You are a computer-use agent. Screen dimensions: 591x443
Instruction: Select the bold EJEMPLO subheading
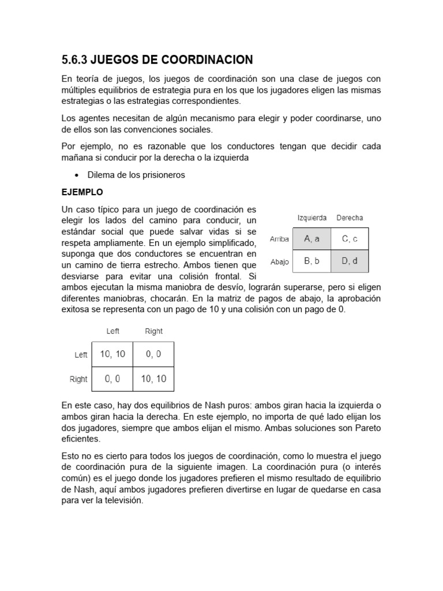(x=82, y=192)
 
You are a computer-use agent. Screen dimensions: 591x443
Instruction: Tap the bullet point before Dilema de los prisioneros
(x=77, y=175)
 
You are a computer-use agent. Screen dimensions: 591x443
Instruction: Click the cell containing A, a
(x=311, y=238)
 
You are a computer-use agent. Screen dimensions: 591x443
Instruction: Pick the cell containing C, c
(x=350, y=238)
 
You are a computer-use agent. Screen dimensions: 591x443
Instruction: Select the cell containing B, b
(x=311, y=261)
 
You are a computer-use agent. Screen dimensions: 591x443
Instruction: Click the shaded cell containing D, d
(x=350, y=261)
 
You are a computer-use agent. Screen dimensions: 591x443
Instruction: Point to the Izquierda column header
(x=311, y=218)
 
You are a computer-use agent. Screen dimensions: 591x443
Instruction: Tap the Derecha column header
(x=350, y=218)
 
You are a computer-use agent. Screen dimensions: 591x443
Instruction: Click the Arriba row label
(x=279, y=239)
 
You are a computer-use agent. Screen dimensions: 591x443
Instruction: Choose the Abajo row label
(x=279, y=261)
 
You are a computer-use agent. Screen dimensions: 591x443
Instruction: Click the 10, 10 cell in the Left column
(x=112, y=354)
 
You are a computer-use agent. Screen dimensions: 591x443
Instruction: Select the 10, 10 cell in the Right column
(x=153, y=379)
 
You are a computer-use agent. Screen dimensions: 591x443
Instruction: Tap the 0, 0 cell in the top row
(x=153, y=354)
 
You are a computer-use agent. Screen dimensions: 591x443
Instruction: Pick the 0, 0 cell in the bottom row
(x=112, y=379)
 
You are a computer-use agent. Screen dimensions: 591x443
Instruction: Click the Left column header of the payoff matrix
(x=113, y=331)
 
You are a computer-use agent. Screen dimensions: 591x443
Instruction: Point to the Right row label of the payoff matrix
(x=78, y=379)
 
